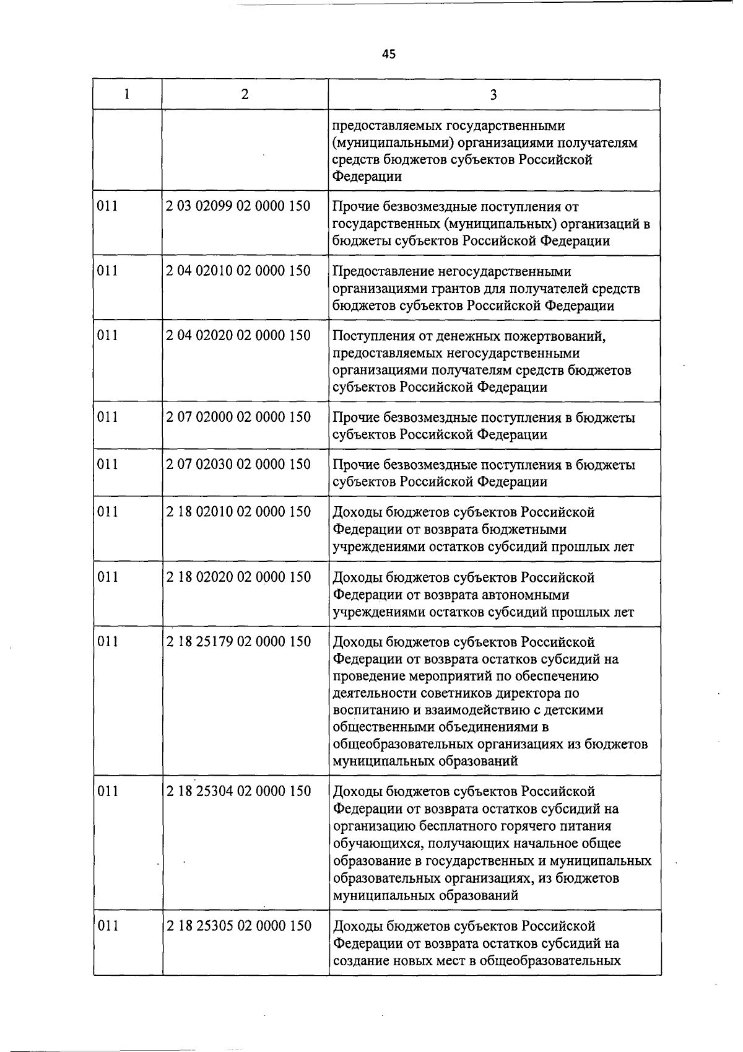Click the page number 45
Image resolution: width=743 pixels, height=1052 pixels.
pos(388,54)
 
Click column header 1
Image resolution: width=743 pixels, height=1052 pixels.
pos(127,94)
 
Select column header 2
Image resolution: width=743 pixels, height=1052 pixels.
pos(245,94)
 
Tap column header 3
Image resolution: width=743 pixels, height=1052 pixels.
pos(493,94)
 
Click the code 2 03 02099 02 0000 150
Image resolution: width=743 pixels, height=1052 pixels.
pos(238,206)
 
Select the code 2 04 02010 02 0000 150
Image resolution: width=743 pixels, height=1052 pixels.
pos(238,271)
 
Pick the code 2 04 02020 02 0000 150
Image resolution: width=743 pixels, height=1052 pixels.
pos(238,335)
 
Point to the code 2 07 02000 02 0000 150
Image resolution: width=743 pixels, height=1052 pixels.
pos(238,417)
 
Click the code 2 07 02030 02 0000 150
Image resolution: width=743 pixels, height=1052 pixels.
pos(238,464)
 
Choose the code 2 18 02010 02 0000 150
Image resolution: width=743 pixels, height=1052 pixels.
pos(238,512)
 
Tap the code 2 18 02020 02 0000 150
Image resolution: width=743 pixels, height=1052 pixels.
pos(238,577)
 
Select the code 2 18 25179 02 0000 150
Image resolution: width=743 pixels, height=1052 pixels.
pos(238,641)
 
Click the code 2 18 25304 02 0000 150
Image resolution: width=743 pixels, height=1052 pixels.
pos(238,791)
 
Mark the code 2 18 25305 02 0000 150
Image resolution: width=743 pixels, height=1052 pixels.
pos(238,926)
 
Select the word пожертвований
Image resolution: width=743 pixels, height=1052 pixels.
pos(553,336)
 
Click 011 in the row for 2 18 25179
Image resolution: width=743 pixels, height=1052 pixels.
pos(108,641)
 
